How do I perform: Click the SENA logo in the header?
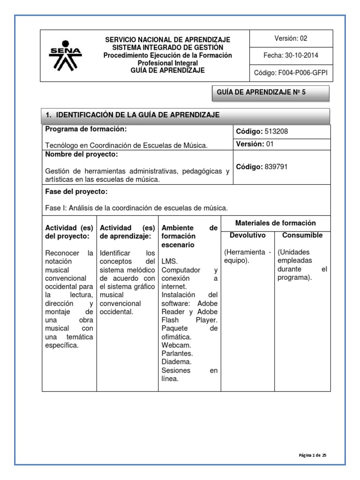[65, 56]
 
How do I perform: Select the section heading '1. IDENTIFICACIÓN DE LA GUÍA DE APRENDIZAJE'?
[132, 115]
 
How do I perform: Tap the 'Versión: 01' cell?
[255, 144]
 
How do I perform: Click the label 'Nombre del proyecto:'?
[82, 155]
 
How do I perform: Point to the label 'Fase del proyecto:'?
[76, 191]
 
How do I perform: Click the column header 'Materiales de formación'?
[276, 223]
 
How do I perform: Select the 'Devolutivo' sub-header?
[247, 235]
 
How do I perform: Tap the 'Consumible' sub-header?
[303, 235]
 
